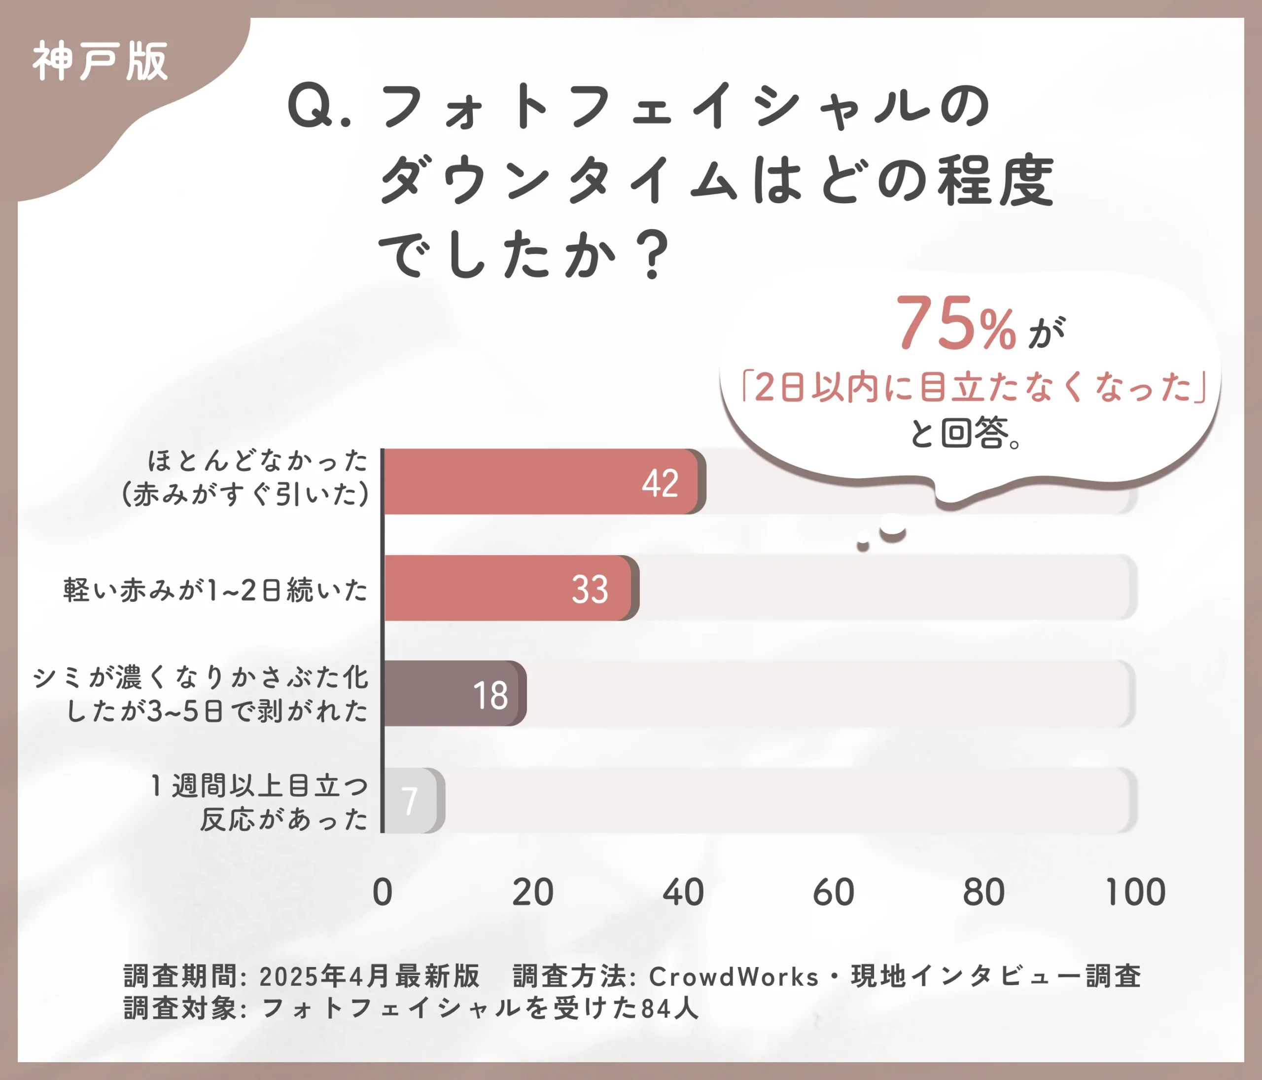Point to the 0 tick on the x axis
(x=383, y=893)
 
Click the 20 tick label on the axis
(x=532, y=893)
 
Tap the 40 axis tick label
(x=683, y=893)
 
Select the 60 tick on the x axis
(x=833, y=893)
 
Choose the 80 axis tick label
(x=983, y=893)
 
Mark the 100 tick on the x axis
(x=1135, y=893)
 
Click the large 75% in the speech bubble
(x=955, y=324)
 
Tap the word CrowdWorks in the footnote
(x=734, y=976)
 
